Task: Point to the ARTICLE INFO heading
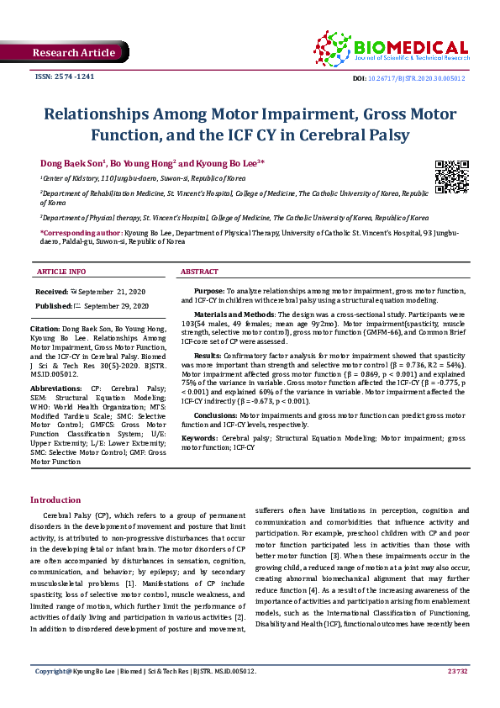(x=61, y=272)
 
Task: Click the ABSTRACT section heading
(x=200, y=272)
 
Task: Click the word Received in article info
(x=52, y=290)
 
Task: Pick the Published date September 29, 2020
(x=116, y=305)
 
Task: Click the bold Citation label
(x=45, y=327)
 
